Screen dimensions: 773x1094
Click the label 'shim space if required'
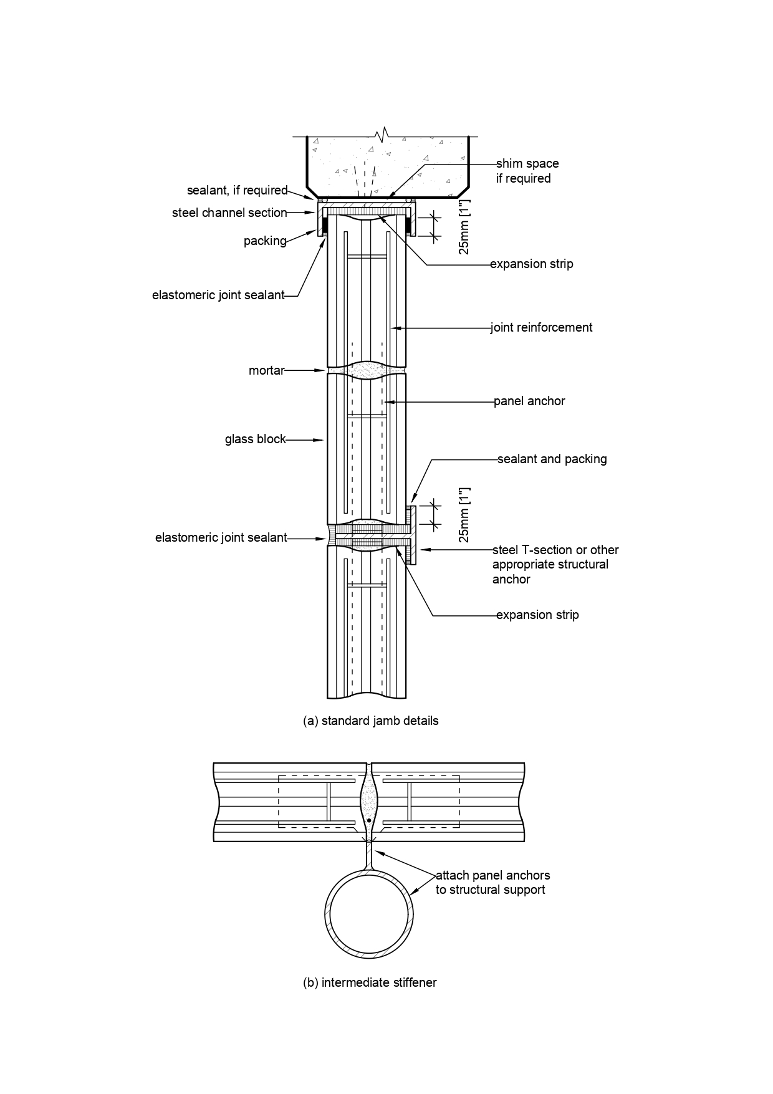pyautogui.click(x=527, y=171)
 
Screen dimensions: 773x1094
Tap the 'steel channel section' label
pyautogui.click(x=229, y=213)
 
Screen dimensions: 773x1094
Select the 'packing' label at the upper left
pyautogui.click(x=265, y=241)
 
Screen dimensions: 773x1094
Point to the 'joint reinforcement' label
pyautogui.click(x=542, y=327)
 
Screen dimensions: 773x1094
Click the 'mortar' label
pyautogui.click(x=266, y=371)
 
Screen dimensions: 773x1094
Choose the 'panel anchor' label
pyautogui.click(x=529, y=401)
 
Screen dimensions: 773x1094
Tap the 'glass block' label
pyautogui.click(x=255, y=439)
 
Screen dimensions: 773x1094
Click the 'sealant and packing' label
pyautogui.click(x=552, y=459)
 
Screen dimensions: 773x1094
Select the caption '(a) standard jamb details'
pyautogui.click(x=370, y=721)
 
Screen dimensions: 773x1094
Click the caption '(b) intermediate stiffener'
pyautogui.click(x=370, y=983)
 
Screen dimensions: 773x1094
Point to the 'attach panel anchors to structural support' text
pyautogui.click(x=492, y=883)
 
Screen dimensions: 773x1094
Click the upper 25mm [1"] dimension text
pyautogui.click(x=464, y=231)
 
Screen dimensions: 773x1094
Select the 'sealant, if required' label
pyautogui.click(x=238, y=191)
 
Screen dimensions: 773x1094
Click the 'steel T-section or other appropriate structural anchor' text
pyautogui.click(x=555, y=565)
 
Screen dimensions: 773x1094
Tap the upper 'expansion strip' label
pyautogui.click(x=532, y=264)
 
